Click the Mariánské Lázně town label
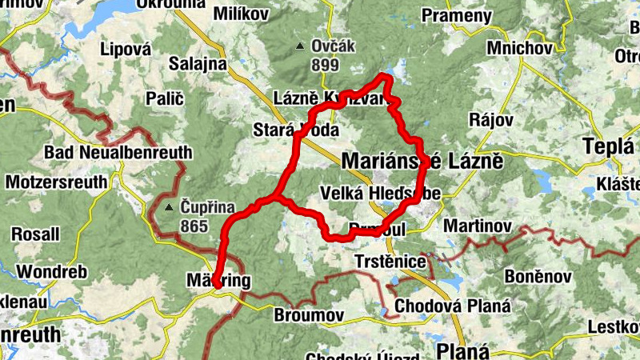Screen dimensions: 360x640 [x=422, y=161]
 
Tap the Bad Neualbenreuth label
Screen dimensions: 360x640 [x=118, y=152]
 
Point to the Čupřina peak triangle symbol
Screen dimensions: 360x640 [x=169, y=209]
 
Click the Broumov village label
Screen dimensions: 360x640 [x=308, y=314]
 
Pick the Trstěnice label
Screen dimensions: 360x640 [x=390, y=262]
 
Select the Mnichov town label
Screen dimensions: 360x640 [x=519, y=48]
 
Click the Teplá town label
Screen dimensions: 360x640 [x=608, y=148]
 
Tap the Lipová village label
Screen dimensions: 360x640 [x=126, y=49]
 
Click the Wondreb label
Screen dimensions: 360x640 [x=45, y=271]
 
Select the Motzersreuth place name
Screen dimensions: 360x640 [x=56, y=182]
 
